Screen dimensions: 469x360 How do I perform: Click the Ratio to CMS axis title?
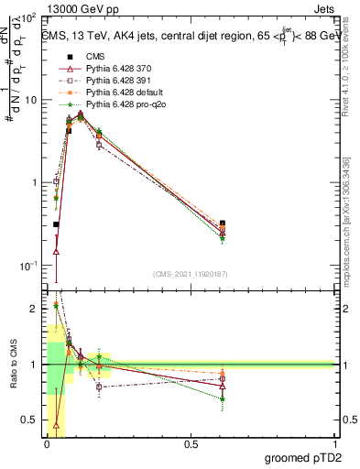click(16, 364)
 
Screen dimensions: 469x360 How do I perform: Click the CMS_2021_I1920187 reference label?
click(191, 274)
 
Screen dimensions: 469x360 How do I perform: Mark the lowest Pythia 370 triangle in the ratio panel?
click(56, 425)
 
